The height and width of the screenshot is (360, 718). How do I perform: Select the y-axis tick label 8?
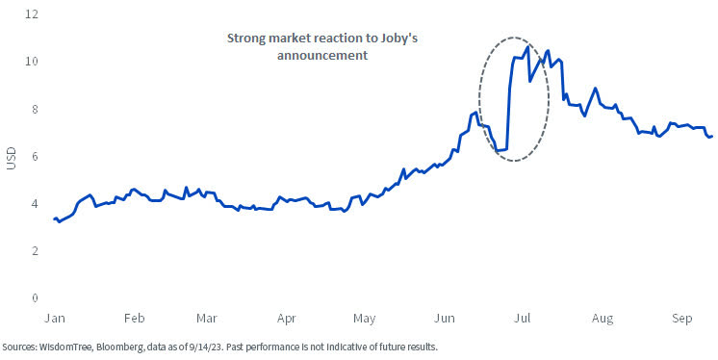click(x=35, y=109)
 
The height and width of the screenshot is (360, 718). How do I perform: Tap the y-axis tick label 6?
click(x=35, y=156)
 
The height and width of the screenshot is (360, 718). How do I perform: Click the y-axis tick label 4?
click(x=35, y=204)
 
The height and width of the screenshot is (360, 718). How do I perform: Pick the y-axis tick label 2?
click(x=35, y=251)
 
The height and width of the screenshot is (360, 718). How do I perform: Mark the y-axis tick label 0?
click(x=35, y=298)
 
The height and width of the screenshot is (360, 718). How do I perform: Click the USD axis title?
click(x=12, y=157)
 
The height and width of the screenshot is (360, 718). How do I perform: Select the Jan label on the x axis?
click(x=56, y=317)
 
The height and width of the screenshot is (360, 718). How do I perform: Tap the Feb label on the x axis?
click(x=134, y=317)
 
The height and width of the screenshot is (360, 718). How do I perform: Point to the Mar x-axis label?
click(x=206, y=317)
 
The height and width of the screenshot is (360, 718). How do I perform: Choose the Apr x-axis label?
click(x=285, y=317)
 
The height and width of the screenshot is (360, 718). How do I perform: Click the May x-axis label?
click(x=363, y=317)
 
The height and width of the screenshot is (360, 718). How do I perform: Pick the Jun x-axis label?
click(x=444, y=317)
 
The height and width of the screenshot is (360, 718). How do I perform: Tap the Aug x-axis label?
click(x=602, y=317)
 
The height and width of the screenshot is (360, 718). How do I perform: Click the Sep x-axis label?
click(x=681, y=317)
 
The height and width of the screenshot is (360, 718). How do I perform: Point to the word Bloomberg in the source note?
click(x=124, y=346)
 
